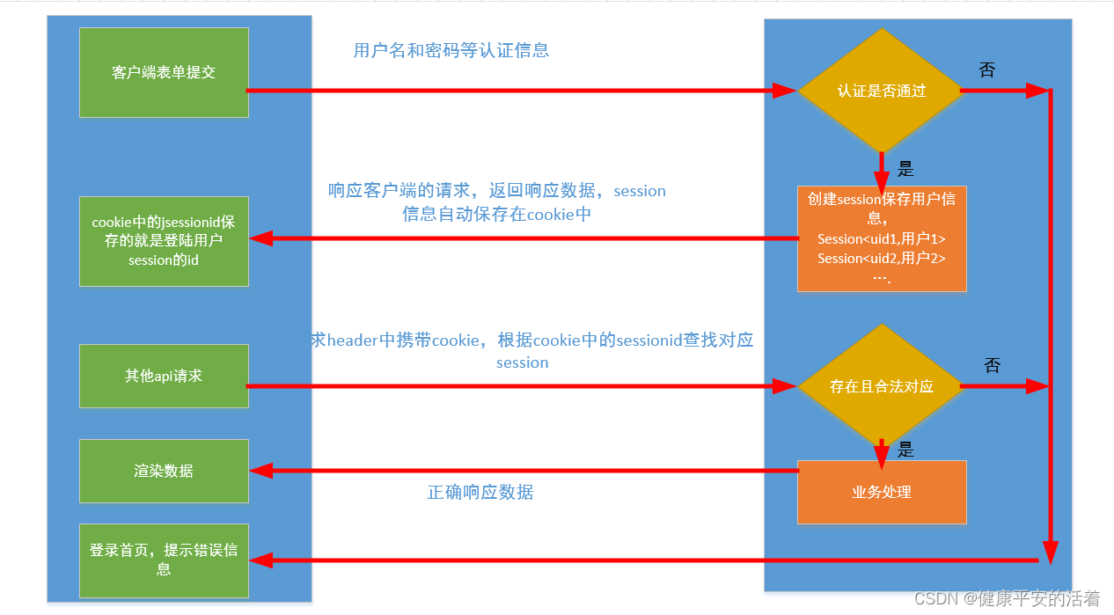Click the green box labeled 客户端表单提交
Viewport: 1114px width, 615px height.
[x=164, y=72]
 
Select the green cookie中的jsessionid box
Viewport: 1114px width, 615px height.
[x=164, y=241]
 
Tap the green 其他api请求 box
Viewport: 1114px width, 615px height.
[x=164, y=376]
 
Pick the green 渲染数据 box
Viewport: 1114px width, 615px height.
[x=164, y=471]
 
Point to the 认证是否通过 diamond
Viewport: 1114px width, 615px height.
[x=881, y=91]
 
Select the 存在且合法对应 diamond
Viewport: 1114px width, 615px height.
[x=881, y=386]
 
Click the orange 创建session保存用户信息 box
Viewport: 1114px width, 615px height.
[x=882, y=238]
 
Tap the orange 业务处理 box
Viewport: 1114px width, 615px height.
[x=882, y=492]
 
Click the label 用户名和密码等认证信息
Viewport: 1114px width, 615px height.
[x=451, y=50]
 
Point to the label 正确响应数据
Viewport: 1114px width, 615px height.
[x=480, y=492]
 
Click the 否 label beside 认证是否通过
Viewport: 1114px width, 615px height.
[x=987, y=70]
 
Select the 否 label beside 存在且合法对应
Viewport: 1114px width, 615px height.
[x=993, y=365]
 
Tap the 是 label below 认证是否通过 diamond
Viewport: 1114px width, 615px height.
[x=905, y=169]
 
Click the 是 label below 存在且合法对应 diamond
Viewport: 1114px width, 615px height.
[x=905, y=450]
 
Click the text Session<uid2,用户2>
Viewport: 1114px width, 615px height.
[x=881, y=258]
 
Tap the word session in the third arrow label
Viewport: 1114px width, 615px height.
[x=522, y=362]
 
